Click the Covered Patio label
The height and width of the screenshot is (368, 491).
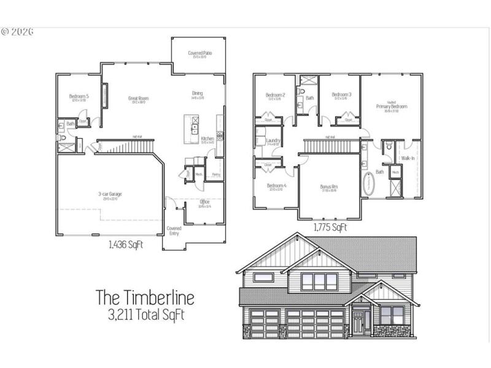(197, 53)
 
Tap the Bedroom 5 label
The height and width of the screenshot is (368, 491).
(79, 96)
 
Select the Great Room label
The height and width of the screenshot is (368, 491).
(138, 98)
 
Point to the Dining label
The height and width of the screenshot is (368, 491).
(198, 93)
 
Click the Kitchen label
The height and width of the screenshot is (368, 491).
(207, 139)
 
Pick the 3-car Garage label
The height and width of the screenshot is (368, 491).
(110, 194)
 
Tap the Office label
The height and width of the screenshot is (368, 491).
(205, 201)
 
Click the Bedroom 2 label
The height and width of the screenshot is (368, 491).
(276, 95)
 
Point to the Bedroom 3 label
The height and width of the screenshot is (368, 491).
(341, 95)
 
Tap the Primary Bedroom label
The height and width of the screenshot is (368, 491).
(392, 106)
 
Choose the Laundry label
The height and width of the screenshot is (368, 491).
(274, 140)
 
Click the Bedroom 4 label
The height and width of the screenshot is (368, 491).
(276, 186)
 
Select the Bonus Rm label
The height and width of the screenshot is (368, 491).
(329, 186)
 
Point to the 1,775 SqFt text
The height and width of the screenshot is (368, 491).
(330, 228)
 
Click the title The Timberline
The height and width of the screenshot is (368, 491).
(145, 298)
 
